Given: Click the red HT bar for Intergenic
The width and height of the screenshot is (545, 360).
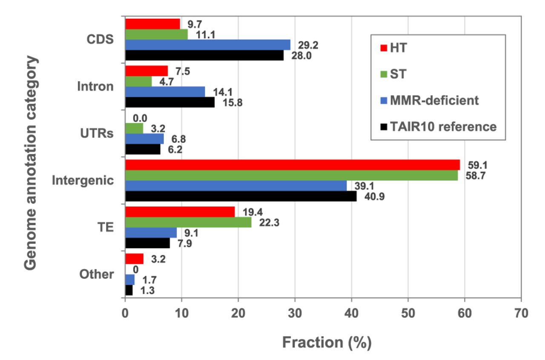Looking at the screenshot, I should click(x=292, y=165).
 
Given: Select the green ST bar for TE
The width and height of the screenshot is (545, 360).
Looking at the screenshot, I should click(x=188, y=222).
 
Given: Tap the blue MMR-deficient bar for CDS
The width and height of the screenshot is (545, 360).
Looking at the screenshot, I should click(x=208, y=45).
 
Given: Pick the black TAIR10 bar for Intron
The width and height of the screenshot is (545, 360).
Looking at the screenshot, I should click(x=170, y=103).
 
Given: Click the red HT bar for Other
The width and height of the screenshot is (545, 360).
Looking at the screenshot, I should click(x=134, y=259).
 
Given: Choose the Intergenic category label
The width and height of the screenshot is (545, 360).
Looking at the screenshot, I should click(x=83, y=180).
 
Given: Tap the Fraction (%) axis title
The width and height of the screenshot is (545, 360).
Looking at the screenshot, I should click(x=327, y=342).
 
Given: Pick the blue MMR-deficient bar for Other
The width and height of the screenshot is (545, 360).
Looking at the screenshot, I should click(x=130, y=280).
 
